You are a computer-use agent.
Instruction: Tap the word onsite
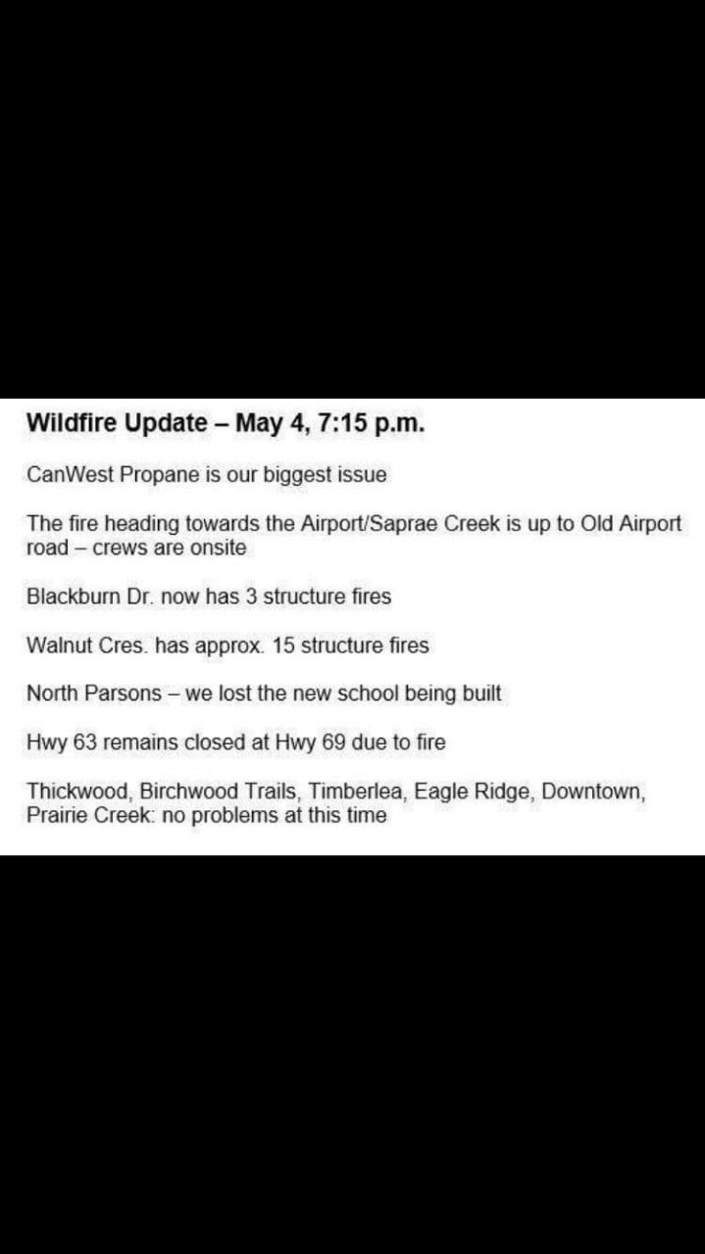[x=218, y=548]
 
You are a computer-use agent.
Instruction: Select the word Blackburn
[x=74, y=597]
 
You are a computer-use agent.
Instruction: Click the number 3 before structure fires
[x=252, y=597]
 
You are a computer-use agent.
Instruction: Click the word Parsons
[x=124, y=694]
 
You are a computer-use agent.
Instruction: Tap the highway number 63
[x=85, y=743]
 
